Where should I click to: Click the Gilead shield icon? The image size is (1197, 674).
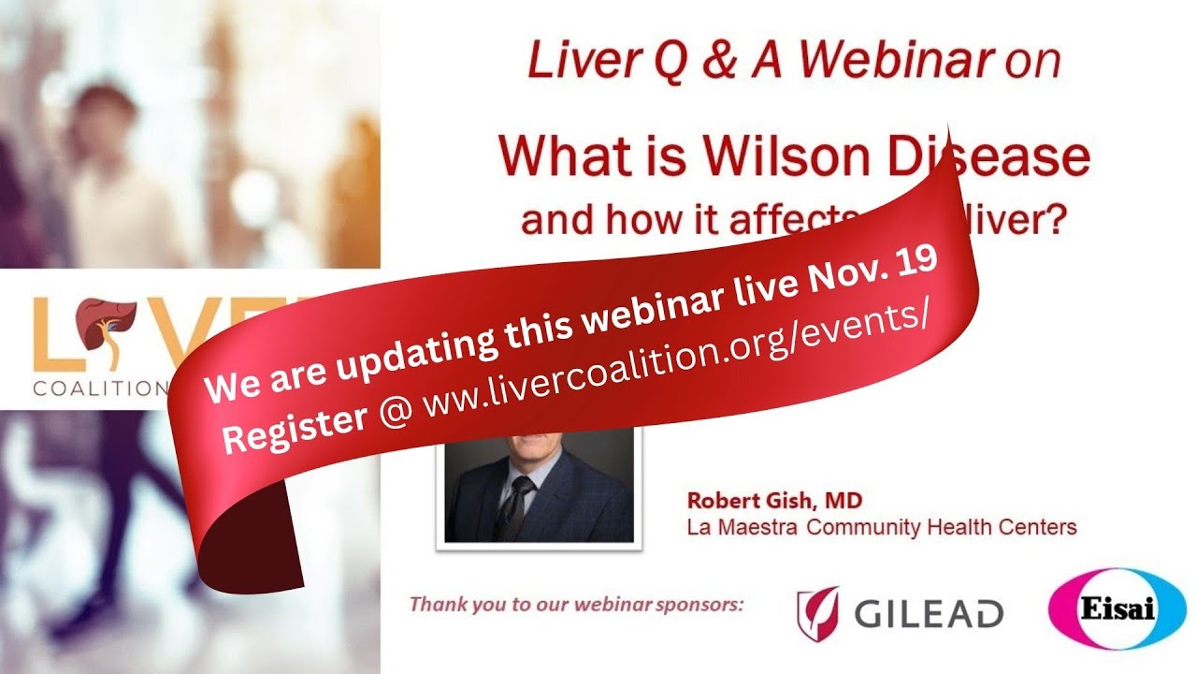point(816,612)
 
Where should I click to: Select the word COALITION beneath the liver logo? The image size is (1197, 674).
point(94,388)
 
